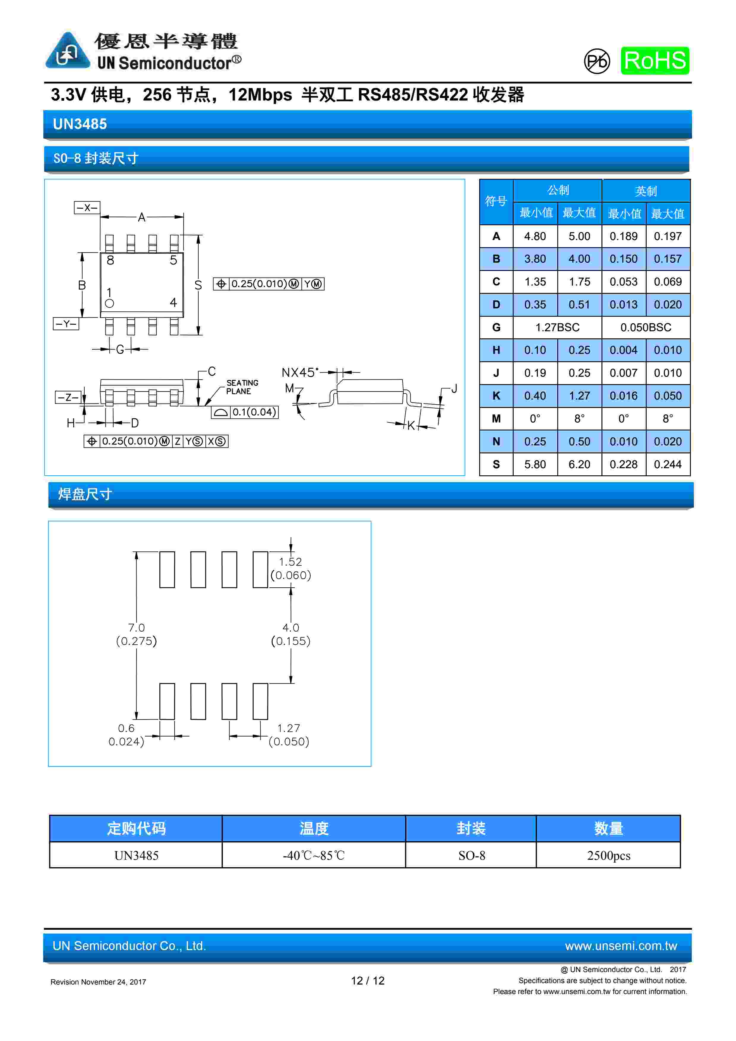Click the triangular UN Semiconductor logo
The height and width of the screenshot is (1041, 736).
pos(67,51)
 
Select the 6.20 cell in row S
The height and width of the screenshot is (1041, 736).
pos(579,464)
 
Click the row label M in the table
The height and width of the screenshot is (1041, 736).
pos(496,419)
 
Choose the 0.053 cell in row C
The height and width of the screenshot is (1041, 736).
pos(623,282)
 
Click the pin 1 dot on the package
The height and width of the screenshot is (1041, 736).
pos(109,303)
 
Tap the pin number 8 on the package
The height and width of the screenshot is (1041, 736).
pos(110,260)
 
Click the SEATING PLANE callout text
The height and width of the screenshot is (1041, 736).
pos(242,387)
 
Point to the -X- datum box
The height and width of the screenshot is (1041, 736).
pos(87,208)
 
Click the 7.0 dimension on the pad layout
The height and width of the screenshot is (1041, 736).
pos(136,627)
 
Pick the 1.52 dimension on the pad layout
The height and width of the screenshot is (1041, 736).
pos(290,562)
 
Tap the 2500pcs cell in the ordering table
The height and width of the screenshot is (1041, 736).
pos(608,856)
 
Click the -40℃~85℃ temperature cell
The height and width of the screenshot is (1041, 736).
pos(314,856)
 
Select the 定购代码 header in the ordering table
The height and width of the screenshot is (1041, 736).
pos(136,828)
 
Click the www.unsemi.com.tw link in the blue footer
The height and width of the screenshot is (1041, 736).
pos(621,946)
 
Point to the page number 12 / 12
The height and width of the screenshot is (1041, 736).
pos(368,981)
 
